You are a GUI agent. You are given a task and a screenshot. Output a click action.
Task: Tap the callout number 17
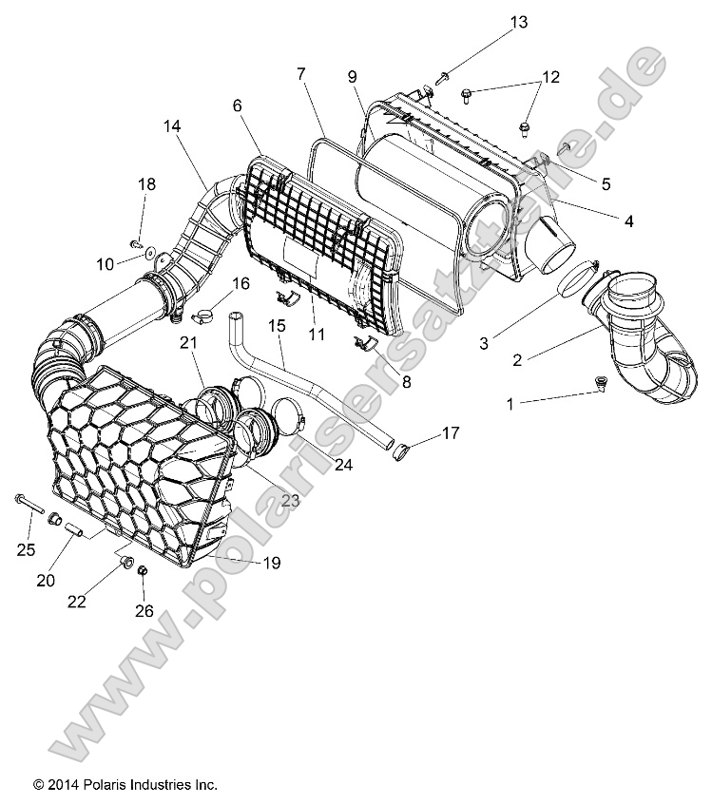(450, 433)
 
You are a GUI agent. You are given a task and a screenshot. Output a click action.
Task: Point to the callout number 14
(171, 125)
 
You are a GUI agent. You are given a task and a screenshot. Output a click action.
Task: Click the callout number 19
(271, 563)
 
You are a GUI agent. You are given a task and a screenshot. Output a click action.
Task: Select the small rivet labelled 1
(600, 383)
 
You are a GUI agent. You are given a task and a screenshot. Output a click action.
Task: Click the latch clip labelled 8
(366, 344)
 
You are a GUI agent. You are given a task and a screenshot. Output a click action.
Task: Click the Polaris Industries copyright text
(125, 785)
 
